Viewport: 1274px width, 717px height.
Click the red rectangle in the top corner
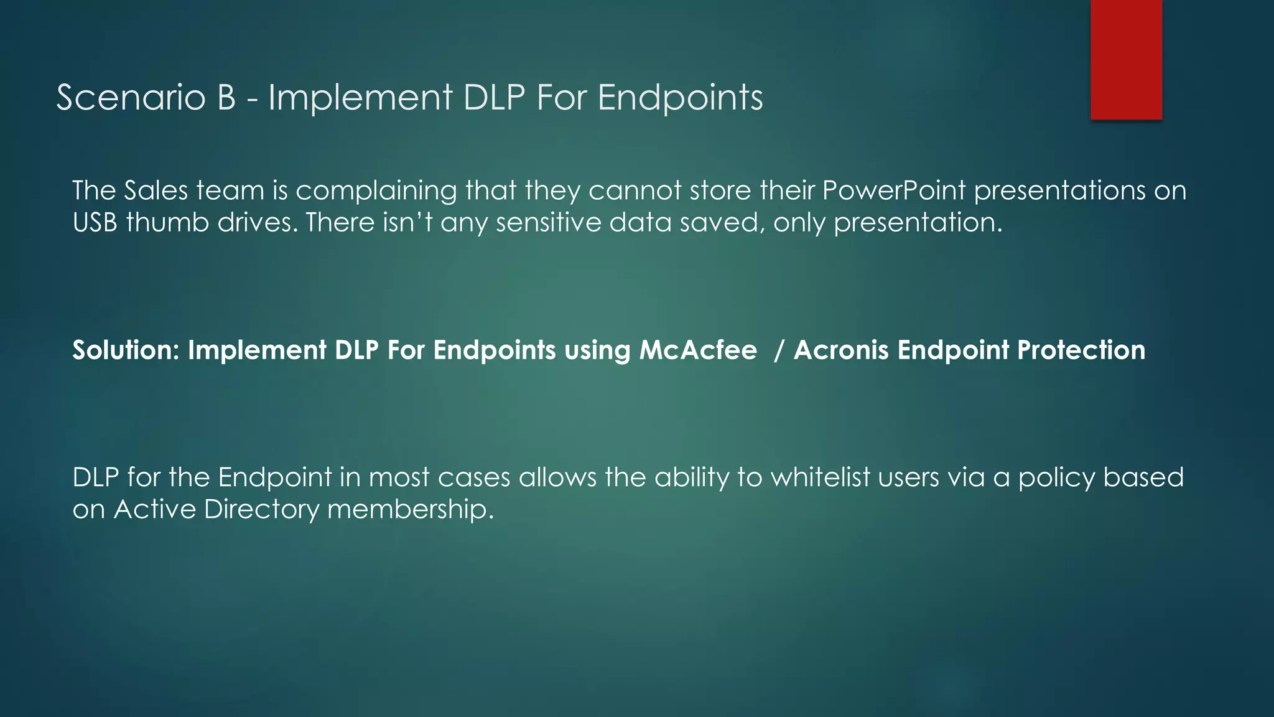pyautogui.click(x=1126, y=59)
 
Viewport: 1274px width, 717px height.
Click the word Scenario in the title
pyautogui.click(x=131, y=98)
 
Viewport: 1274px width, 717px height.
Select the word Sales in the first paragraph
pyautogui.click(x=156, y=190)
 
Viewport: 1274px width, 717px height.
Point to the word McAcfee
pyautogui.click(x=698, y=350)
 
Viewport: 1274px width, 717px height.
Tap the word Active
pyautogui.click(x=155, y=510)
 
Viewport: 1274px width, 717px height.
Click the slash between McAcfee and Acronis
pyautogui.click(x=779, y=350)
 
